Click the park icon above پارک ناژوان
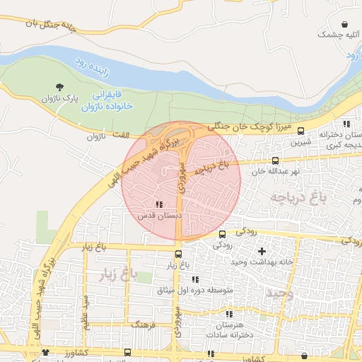point(59,85)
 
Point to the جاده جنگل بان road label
point(59,26)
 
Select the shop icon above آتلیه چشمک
point(344,23)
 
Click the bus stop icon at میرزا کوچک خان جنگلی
point(301,131)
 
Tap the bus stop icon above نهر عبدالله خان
point(276,160)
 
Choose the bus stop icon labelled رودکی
point(223,234)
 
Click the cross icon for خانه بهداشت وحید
point(262,251)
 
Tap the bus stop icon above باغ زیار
point(178,255)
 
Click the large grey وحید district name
point(279,292)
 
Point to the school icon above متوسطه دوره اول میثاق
point(195,280)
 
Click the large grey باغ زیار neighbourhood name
point(129,271)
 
